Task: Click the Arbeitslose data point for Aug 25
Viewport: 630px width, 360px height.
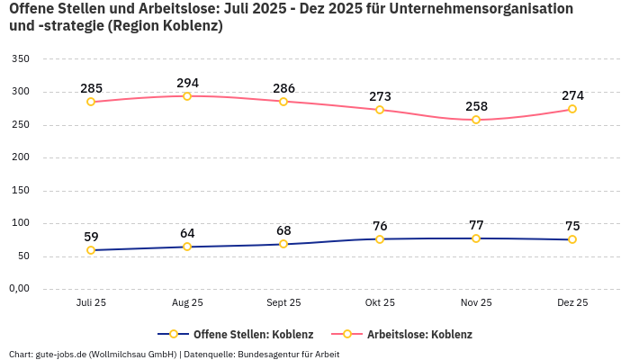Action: (187, 95)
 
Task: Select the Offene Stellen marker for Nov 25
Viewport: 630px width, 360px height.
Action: (476, 238)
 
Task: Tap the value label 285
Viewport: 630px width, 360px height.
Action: (91, 88)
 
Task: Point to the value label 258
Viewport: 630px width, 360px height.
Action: (476, 106)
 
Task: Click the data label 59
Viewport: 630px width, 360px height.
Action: (91, 237)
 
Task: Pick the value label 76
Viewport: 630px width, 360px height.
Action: (380, 226)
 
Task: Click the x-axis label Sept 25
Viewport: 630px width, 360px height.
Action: (283, 303)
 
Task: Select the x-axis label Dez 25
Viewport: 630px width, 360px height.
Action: (572, 303)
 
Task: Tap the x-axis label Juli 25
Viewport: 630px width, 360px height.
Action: (91, 303)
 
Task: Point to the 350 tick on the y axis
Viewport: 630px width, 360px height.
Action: (20, 59)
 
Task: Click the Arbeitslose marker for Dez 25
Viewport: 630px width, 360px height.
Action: (572, 109)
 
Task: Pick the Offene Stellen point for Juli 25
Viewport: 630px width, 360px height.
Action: (91, 250)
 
